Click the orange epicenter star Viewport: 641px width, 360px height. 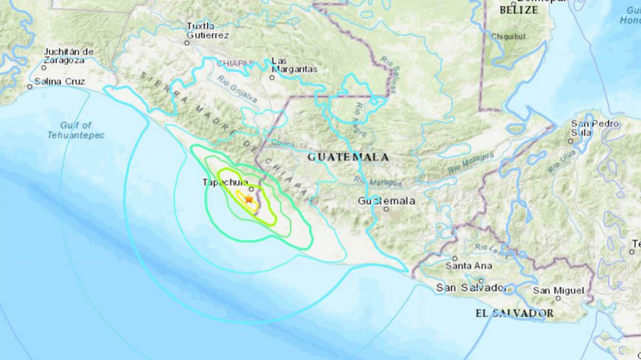(248, 199)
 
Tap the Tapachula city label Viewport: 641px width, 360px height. (225, 182)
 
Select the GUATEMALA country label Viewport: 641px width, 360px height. (348, 158)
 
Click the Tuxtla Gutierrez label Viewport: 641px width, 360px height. (207, 30)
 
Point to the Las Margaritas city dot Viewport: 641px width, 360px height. (272, 77)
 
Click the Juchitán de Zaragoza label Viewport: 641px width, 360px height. (69, 56)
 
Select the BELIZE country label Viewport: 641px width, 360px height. (518, 10)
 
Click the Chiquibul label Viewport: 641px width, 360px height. (509, 37)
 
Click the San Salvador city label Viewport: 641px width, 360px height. (471, 288)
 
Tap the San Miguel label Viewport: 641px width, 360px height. (558, 291)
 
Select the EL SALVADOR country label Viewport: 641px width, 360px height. (514, 313)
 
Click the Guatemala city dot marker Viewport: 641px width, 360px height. (386, 209)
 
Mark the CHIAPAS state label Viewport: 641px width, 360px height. (235, 64)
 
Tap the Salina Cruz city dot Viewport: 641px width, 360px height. (30, 87)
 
